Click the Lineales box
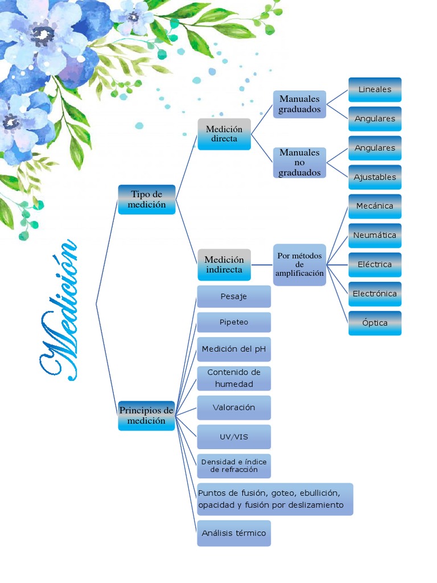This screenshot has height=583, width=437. (374, 90)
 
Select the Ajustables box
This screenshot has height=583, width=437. (374, 177)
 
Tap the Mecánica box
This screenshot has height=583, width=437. (374, 206)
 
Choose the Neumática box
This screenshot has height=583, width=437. (374, 235)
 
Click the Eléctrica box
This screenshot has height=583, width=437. (374, 265)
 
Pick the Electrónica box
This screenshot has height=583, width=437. (374, 294)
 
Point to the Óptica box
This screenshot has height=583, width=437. (374, 323)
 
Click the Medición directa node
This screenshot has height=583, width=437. (224, 134)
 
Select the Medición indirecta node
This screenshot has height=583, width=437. (224, 265)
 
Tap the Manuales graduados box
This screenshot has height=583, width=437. (300, 104)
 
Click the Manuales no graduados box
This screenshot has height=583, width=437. (300, 162)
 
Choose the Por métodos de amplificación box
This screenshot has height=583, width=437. (300, 265)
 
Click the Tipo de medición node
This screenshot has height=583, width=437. (147, 199)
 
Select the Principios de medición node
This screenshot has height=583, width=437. (146, 416)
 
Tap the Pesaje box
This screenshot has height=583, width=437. (234, 297)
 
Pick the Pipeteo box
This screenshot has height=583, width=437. (234, 322)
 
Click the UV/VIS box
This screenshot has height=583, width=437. (234, 437)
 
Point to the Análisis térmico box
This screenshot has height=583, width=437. (234, 533)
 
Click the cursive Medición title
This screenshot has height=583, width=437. (59, 310)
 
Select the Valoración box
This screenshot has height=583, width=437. (234, 408)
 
